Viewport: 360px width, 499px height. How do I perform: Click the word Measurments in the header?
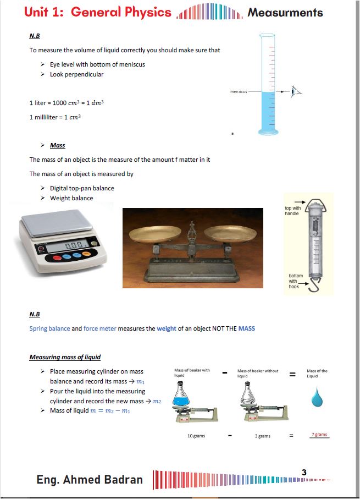point(285,13)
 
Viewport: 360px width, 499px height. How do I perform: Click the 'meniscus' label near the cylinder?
point(239,91)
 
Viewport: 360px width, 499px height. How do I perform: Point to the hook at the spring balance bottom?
point(312,285)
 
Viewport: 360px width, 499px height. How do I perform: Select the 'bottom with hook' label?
point(296,281)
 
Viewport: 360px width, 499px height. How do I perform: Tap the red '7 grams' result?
point(319,435)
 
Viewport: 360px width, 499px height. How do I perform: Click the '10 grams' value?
point(196,436)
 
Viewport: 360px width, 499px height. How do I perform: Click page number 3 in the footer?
point(304,471)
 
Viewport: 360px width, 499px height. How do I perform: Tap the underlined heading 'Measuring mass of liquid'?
point(65,357)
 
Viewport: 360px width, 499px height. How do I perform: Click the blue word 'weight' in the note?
point(167,328)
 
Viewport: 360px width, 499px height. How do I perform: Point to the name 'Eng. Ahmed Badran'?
point(90,479)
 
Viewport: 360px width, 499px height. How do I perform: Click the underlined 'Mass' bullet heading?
point(57,145)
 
